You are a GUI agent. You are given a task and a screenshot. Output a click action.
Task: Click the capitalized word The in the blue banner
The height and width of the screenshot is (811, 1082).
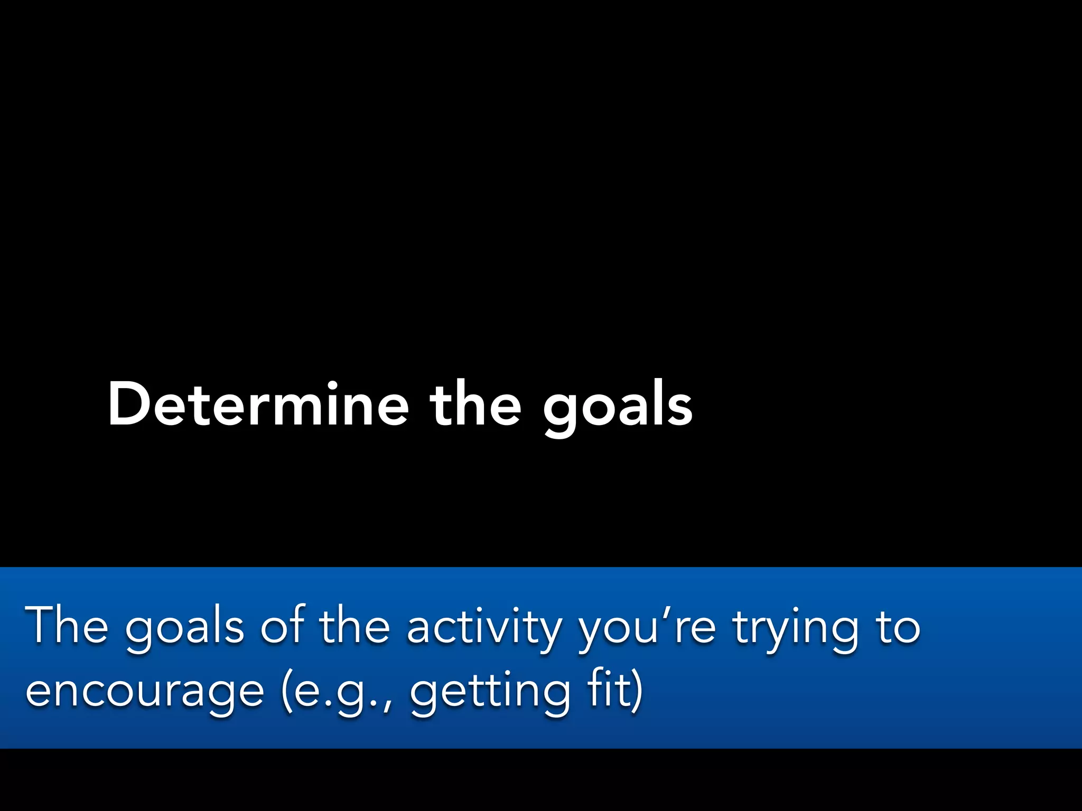[x=66, y=626]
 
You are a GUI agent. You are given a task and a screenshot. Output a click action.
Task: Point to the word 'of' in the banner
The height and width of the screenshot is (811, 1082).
[x=283, y=626]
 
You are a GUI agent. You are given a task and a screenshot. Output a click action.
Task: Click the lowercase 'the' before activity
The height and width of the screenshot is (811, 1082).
[x=355, y=626]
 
